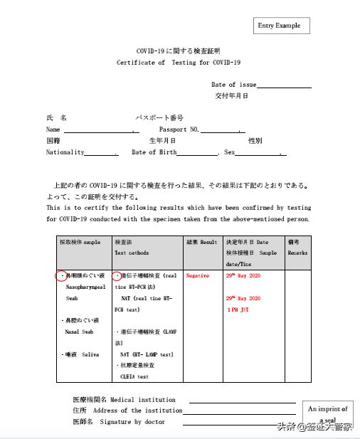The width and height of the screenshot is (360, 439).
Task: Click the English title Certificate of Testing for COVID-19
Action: (x=179, y=63)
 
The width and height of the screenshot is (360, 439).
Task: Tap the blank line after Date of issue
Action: (x=284, y=86)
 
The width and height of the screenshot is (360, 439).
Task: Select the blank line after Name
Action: (x=99, y=132)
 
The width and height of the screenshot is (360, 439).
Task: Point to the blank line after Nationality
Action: (x=102, y=154)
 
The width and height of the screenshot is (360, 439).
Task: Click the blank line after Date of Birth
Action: (x=198, y=154)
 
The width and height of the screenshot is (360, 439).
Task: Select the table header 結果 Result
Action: (x=201, y=243)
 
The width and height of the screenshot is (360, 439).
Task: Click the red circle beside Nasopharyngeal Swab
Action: (x=61, y=275)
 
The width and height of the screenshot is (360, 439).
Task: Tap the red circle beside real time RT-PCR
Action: (x=118, y=275)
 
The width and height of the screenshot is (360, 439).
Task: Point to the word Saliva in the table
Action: (x=90, y=354)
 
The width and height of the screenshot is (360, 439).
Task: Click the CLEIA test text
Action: (x=134, y=376)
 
